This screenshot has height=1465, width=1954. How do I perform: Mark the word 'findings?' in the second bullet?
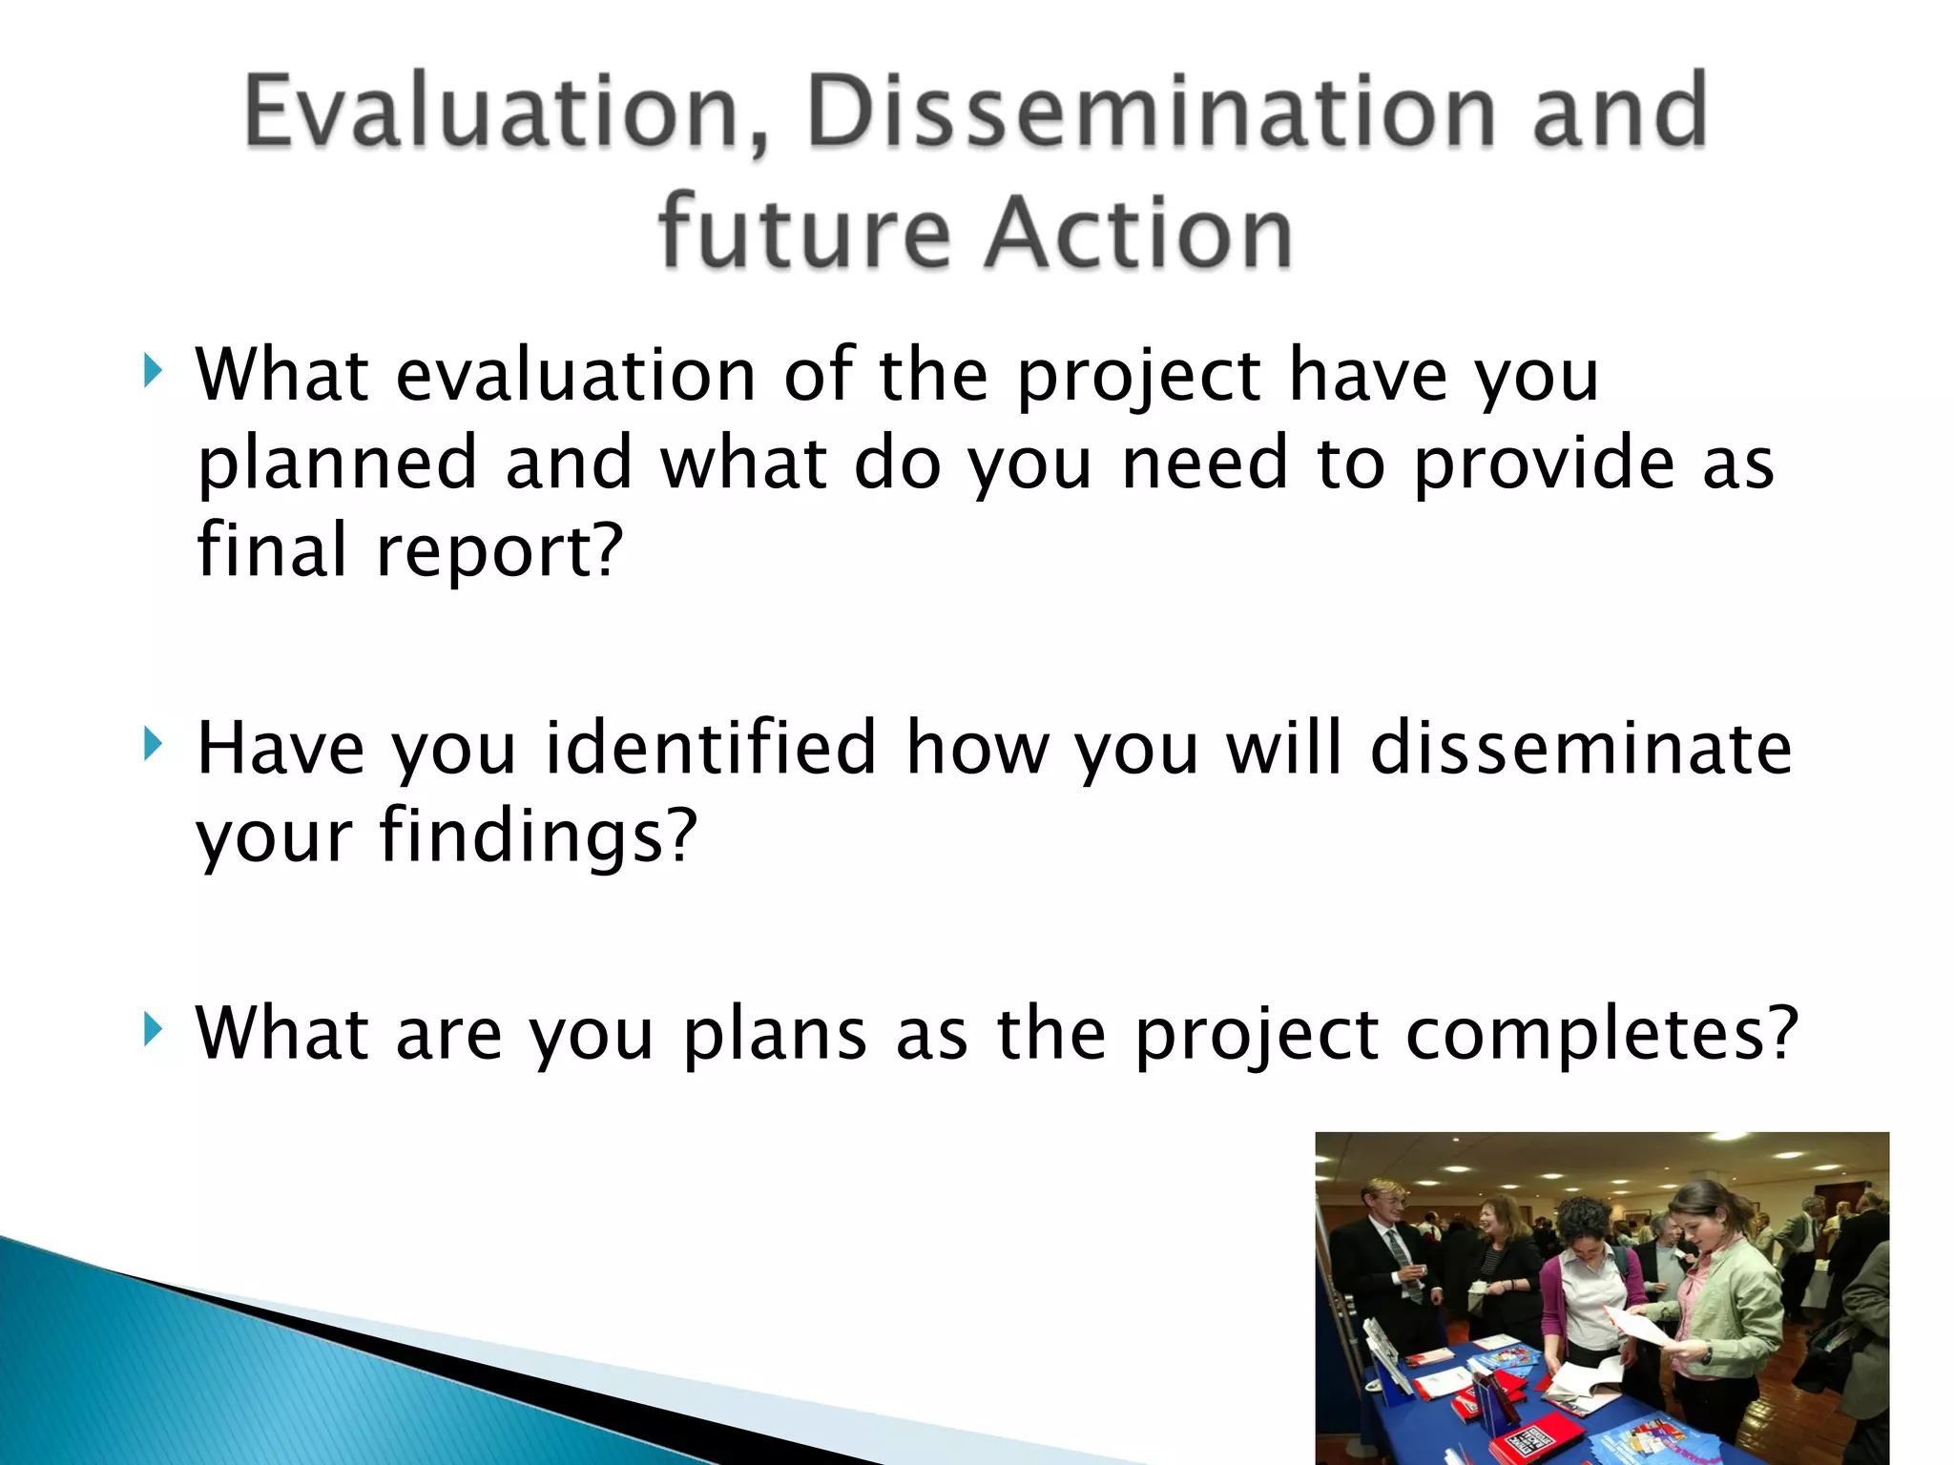tap(538, 836)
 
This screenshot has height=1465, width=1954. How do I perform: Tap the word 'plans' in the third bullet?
tap(774, 1034)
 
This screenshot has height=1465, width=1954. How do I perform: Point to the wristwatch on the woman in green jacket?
tap(1705, 1355)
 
